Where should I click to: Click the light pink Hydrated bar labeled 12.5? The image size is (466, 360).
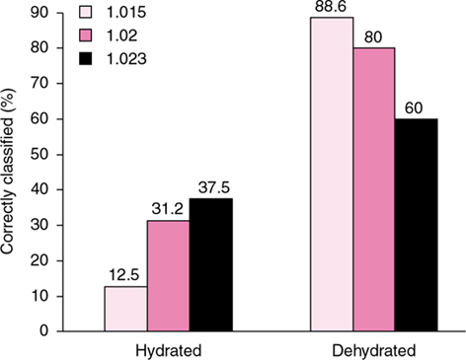pos(125,309)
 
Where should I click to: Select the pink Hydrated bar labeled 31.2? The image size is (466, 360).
pos(168,276)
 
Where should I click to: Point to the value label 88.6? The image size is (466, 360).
pos(330,9)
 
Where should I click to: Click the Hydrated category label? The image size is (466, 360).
pos(168,349)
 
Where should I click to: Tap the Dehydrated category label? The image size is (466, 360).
pos(372,349)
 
